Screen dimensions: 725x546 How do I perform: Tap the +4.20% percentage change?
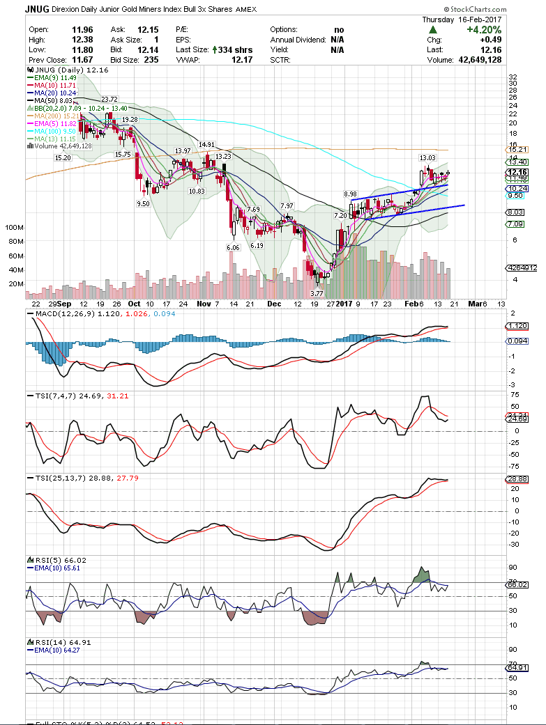point(504,30)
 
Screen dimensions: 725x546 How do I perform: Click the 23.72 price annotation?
point(109,100)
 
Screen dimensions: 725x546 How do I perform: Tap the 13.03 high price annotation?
point(427,158)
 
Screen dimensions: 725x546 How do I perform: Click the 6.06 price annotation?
point(233,247)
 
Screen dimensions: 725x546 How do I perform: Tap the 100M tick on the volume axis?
point(14,228)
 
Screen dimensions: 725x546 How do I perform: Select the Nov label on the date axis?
point(204,304)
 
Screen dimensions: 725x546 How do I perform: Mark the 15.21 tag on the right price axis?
point(516,150)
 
